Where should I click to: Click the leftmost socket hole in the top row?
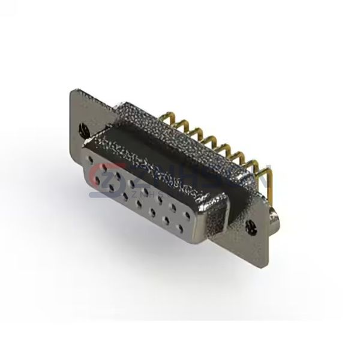(x=92, y=161)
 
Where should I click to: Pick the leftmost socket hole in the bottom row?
(x=106, y=186)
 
